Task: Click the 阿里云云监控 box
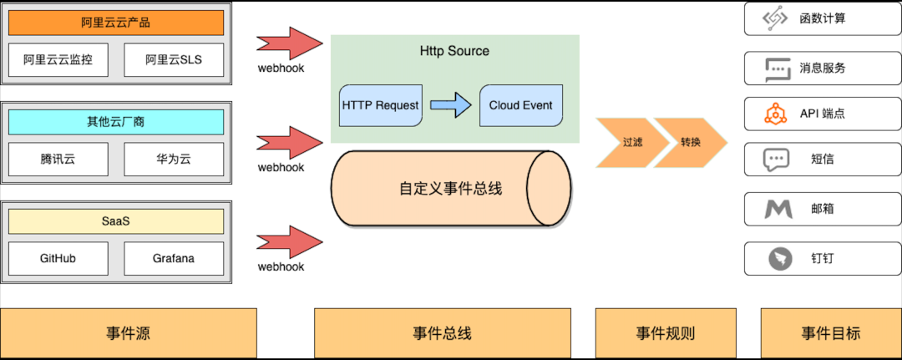coord(58,60)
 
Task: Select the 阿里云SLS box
coord(174,60)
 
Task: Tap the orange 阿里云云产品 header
coord(116,23)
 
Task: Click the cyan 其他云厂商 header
coord(116,122)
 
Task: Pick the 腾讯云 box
coord(58,159)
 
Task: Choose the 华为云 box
coord(174,159)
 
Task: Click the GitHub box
coord(58,258)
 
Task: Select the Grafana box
coord(174,258)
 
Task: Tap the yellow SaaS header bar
coord(116,221)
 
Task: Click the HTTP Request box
coord(380,106)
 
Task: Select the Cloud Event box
coord(520,106)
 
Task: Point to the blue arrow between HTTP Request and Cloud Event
coord(450,106)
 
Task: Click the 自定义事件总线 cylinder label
coord(450,188)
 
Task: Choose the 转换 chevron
coord(690,142)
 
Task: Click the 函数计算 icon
coord(777,19)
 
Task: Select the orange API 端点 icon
coord(777,113)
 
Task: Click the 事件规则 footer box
coord(665,333)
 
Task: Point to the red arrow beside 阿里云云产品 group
coord(289,43)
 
